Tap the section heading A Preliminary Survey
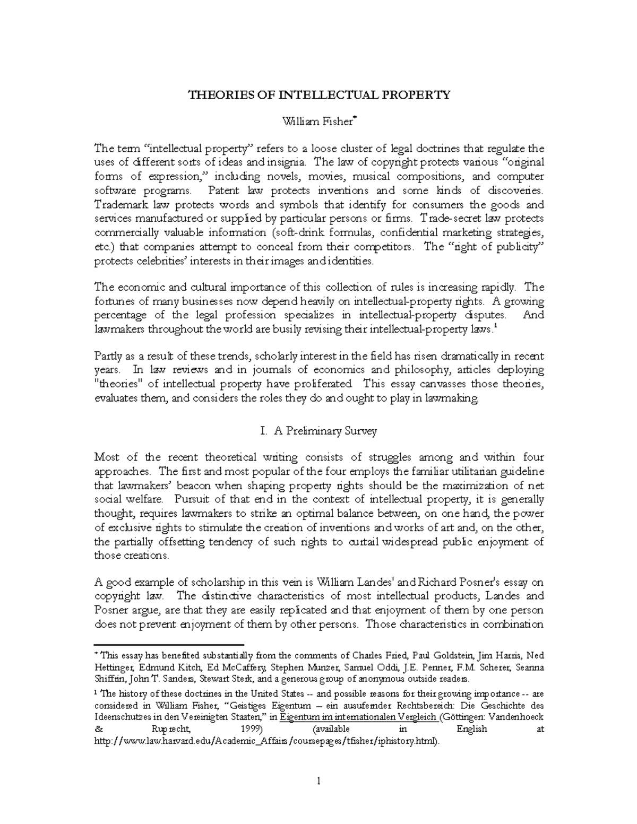tap(325, 431)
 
